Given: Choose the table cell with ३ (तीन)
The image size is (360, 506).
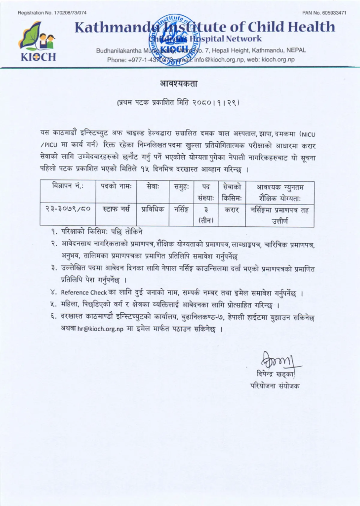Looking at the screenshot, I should pos(205,214).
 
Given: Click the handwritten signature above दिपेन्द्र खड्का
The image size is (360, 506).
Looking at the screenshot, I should pos(274,356).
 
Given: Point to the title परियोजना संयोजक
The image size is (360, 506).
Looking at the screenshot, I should pos(275,385).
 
